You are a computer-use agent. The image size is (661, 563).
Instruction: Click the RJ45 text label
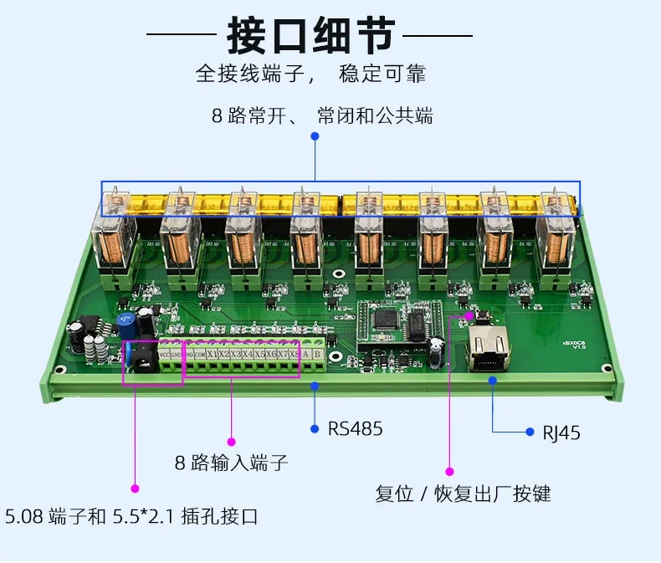[561, 432]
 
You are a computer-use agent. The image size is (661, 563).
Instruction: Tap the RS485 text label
[355, 429]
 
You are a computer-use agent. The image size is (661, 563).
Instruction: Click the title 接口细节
[310, 37]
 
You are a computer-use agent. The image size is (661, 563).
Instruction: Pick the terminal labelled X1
[213, 354]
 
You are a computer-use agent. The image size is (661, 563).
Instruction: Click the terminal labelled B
[318, 354]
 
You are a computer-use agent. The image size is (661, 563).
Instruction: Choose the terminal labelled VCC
[165, 354]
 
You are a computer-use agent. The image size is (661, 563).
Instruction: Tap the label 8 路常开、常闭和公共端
[322, 115]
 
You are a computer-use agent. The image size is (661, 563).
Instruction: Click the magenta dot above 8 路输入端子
[232, 441]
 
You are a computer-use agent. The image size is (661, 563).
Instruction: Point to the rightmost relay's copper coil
[558, 247]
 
